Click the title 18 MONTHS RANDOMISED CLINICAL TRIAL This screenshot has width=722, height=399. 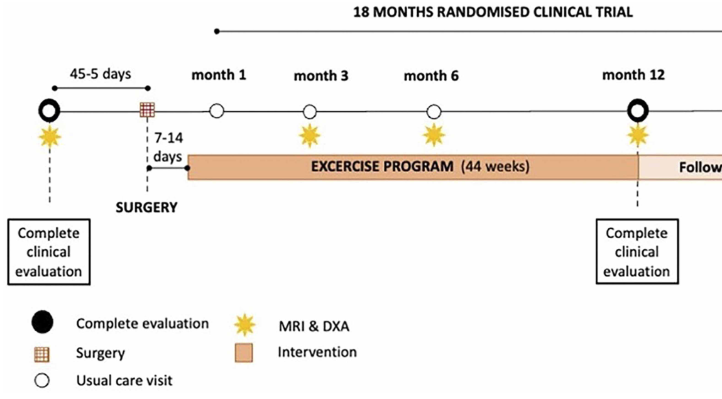[x=493, y=12]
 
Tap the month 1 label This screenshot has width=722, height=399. [x=219, y=75]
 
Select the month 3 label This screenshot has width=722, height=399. [x=321, y=75]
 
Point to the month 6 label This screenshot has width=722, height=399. [x=431, y=75]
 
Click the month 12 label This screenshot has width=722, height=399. [x=633, y=75]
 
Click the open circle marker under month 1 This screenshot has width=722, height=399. [x=216, y=111]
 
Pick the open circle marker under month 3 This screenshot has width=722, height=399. [x=310, y=111]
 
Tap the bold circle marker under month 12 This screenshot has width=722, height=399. [x=638, y=111]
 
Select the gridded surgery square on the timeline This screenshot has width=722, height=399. [x=147, y=110]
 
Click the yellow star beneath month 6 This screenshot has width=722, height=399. [x=434, y=136]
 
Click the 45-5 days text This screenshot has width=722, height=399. [x=101, y=74]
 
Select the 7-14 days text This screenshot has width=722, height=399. [x=168, y=147]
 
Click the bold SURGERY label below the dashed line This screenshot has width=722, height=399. [x=146, y=207]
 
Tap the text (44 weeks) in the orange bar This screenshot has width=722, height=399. [x=495, y=166]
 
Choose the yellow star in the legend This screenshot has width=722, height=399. [x=244, y=325]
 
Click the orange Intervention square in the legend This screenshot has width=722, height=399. [x=244, y=353]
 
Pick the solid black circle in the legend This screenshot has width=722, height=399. [x=42, y=322]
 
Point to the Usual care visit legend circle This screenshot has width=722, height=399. [x=42, y=381]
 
